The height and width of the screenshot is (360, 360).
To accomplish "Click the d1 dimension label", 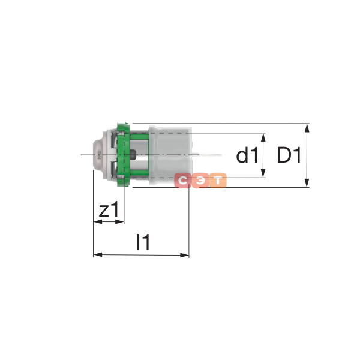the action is click(247, 155).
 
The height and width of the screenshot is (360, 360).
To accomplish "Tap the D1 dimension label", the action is click(289, 155).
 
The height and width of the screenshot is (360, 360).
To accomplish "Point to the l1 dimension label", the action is click(143, 242).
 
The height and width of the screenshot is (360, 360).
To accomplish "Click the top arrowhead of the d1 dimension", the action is click(263, 137).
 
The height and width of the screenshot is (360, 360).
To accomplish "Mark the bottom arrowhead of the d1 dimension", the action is click(263, 173).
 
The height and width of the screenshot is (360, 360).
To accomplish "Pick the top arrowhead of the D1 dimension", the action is click(307, 128).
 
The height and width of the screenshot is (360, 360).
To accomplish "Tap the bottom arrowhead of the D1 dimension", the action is click(307, 183).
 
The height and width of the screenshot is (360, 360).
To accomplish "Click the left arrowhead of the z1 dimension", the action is click(98, 222).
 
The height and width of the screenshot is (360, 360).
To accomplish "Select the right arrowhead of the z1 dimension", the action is click(119, 222).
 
